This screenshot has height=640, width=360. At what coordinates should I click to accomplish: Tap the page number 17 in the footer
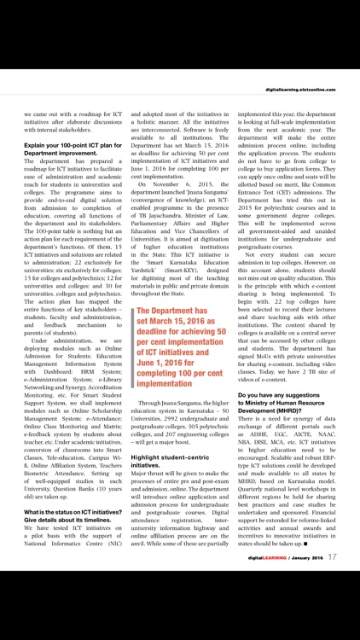(x=332, y=604)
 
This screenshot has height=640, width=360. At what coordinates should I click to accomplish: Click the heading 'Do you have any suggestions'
(x=289, y=395)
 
